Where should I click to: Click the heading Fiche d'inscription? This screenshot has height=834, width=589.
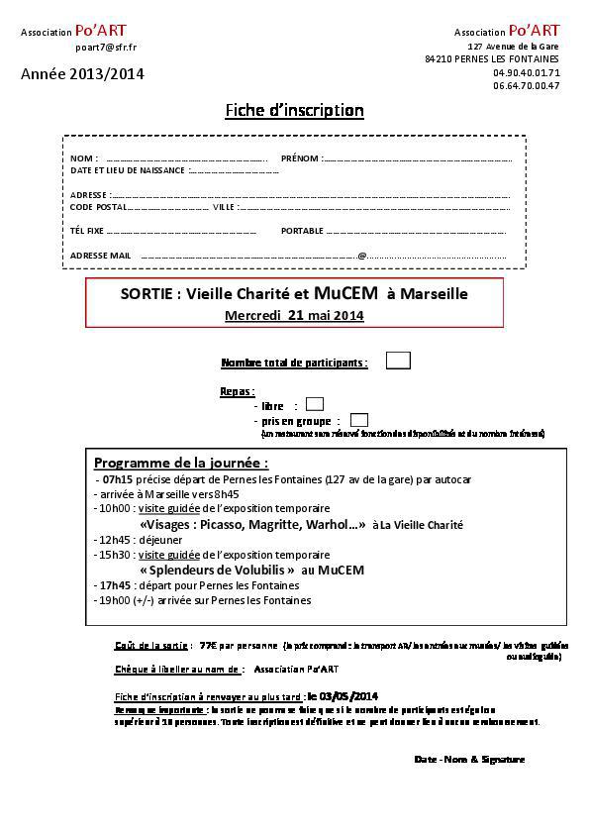pyautogui.click(x=294, y=110)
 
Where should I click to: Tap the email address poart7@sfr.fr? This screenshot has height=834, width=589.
pyautogui.click(x=106, y=47)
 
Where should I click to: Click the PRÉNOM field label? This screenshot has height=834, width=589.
pyautogui.click(x=300, y=158)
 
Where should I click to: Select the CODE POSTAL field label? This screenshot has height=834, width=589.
pyautogui.click(x=98, y=207)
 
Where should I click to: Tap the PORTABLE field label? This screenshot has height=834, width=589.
pyautogui.click(x=302, y=231)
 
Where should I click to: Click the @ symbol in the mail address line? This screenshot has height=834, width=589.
pyautogui.click(x=361, y=256)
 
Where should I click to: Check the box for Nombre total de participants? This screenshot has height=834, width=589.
pyautogui.click(x=398, y=362)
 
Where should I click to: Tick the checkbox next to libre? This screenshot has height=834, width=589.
pyautogui.click(x=315, y=404)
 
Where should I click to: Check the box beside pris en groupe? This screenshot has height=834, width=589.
pyautogui.click(x=359, y=420)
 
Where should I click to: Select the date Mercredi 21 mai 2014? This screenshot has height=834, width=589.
pyautogui.click(x=294, y=316)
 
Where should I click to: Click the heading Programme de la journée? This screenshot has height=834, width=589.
pyautogui.click(x=180, y=463)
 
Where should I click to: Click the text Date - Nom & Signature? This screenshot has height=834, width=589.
pyautogui.click(x=469, y=759)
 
